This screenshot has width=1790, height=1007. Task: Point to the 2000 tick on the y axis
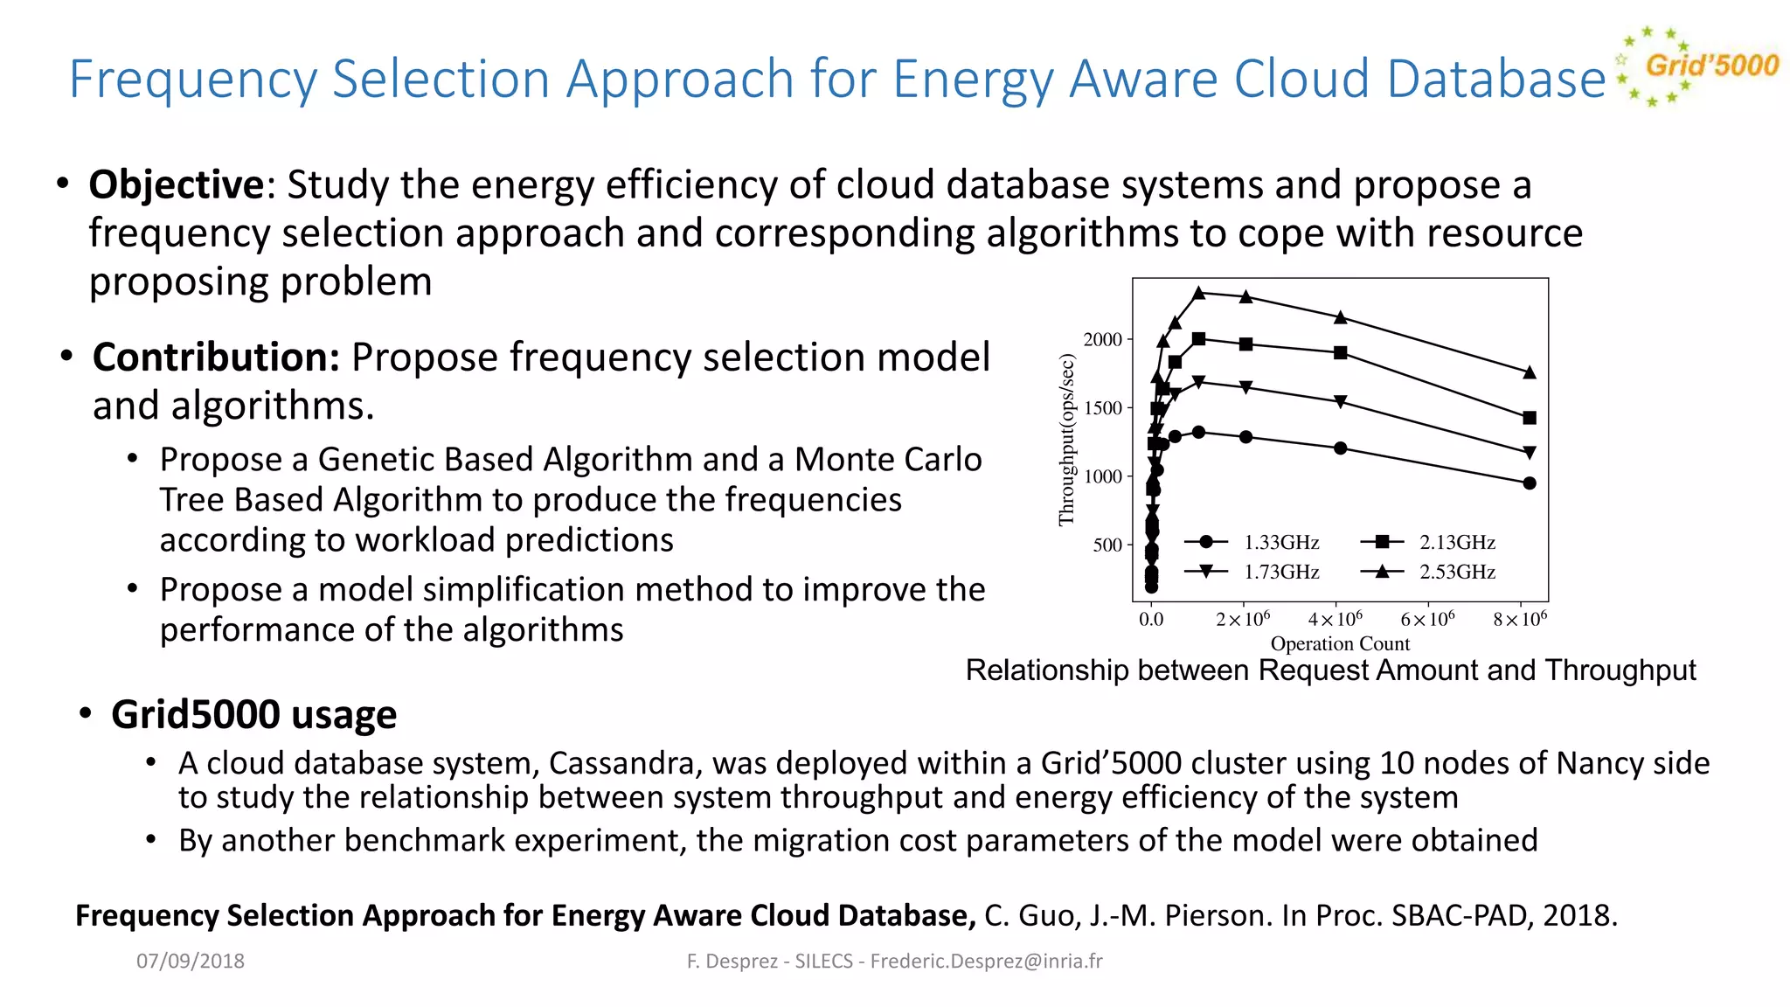(1103, 339)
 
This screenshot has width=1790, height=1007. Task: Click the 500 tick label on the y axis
(1107, 545)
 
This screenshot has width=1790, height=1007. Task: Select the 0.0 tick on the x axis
(1151, 620)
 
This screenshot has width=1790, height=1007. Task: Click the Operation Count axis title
(1340, 643)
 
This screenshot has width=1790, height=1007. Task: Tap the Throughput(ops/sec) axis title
(1066, 440)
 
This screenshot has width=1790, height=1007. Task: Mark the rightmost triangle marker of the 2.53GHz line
(1530, 372)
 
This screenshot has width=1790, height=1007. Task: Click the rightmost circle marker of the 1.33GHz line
(1530, 483)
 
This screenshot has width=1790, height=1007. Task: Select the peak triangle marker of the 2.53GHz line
(1199, 293)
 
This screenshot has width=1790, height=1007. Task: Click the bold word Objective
(176, 184)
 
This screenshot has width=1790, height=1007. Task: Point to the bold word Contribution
(216, 357)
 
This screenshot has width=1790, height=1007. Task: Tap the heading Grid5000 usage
(253, 714)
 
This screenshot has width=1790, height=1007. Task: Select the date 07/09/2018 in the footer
(191, 961)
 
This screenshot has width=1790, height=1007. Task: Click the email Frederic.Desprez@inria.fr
(986, 961)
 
